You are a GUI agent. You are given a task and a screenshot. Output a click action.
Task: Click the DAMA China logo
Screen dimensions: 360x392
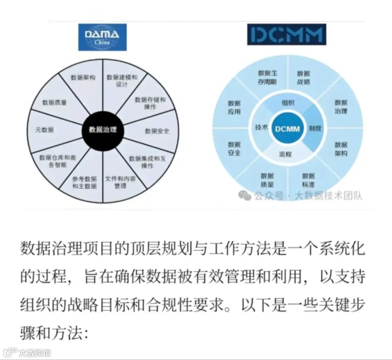coord(102,37)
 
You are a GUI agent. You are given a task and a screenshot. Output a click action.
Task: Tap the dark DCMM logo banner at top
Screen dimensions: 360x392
coord(286,34)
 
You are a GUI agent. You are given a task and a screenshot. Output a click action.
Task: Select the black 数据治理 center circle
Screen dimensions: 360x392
coord(103,129)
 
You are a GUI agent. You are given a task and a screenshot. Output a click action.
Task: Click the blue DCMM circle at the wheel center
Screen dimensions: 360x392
coord(287,129)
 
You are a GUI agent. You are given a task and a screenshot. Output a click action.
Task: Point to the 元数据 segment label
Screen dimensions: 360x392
coord(44,129)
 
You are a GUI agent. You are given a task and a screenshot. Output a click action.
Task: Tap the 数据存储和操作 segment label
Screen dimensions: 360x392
coord(150,103)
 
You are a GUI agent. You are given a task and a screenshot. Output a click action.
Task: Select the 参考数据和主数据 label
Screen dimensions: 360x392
coord(84,182)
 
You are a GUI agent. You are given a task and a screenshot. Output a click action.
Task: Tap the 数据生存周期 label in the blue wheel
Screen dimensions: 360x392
coord(267,77)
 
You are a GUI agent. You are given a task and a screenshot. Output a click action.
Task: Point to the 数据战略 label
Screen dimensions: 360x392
coord(303,77)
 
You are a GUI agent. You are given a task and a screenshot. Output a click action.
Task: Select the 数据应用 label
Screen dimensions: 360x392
coord(234,107)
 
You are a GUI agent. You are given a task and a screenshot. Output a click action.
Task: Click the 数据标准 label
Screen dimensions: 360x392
coord(308,180)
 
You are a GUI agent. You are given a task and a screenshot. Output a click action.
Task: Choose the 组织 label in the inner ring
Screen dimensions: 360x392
coord(288,103)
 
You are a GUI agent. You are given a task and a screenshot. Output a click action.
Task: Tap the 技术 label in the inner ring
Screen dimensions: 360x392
coord(261,127)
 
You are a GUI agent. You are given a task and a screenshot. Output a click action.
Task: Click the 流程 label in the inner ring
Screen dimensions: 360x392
coord(285,154)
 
